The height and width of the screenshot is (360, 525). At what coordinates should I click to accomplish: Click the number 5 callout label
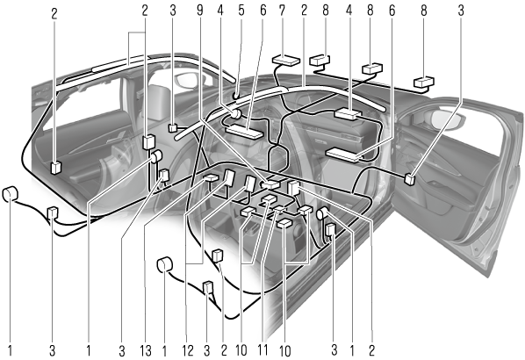tap(241, 11)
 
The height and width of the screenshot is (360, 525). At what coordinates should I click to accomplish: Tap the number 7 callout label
tap(282, 11)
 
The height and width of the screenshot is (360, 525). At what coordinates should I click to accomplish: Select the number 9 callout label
tap(200, 11)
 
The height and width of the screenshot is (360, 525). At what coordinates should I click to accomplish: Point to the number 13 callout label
tap(146, 350)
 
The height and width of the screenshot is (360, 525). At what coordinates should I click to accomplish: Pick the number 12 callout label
tap(188, 350)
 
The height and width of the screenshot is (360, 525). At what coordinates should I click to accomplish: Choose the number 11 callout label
tap(262, 350)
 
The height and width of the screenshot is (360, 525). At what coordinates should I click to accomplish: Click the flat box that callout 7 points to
tap(286, 61)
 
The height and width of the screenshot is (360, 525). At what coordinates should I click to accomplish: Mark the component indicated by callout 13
tap(211, 178)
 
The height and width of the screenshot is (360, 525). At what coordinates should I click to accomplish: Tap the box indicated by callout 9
tap(270, 184)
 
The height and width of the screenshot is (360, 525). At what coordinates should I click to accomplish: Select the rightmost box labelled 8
tap(424, 82)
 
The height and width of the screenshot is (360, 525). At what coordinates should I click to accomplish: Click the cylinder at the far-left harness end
tap(10, 195)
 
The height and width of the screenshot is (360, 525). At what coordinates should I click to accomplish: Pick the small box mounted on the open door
tap(410, 179)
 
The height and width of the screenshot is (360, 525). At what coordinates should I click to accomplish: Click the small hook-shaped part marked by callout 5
tap(235, 96)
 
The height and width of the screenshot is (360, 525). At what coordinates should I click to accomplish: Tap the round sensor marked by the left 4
tap(235, 114)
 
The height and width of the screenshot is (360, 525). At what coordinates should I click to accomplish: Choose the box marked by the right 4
tap(348, 114)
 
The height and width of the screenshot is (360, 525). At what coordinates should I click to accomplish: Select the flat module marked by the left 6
tap(244, 132)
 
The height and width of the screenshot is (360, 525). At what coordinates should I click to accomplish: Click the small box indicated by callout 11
tap(279, 209)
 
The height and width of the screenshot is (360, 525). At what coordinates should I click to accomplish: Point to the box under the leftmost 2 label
tap(55, 168)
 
